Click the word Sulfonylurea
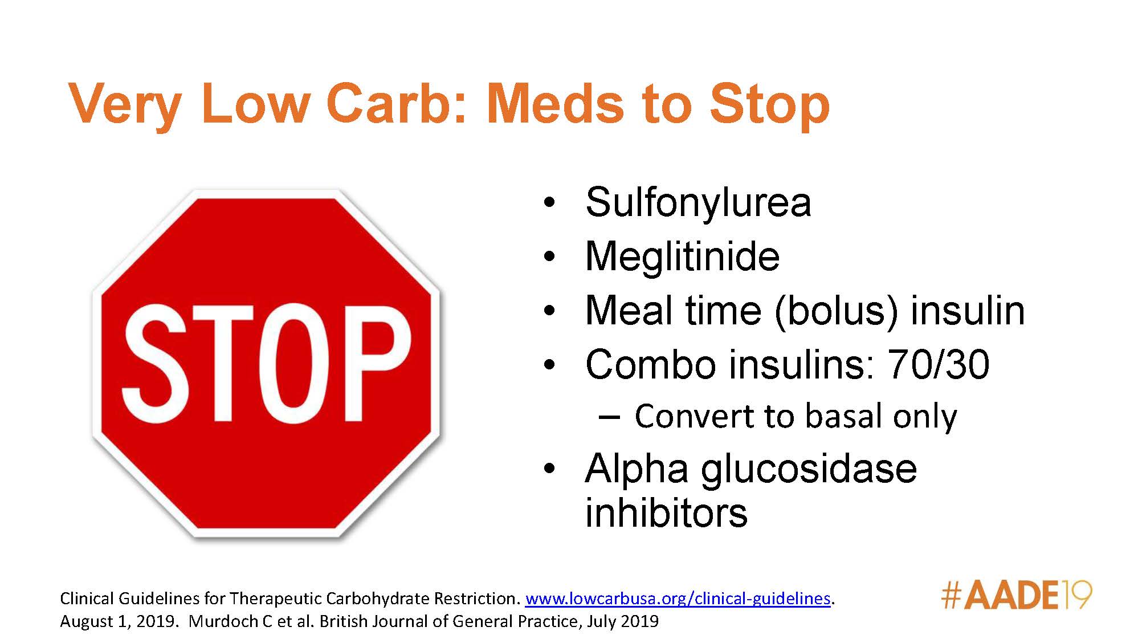(x=698, y=202)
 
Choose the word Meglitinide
(x=683, y=256)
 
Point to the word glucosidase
(x=809, y=470)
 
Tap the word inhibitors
(x=666, y=512)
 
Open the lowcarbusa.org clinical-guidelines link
(x=678, y=599)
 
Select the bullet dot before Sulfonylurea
(x=549, y=203)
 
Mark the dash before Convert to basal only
(x=609, y=418)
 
